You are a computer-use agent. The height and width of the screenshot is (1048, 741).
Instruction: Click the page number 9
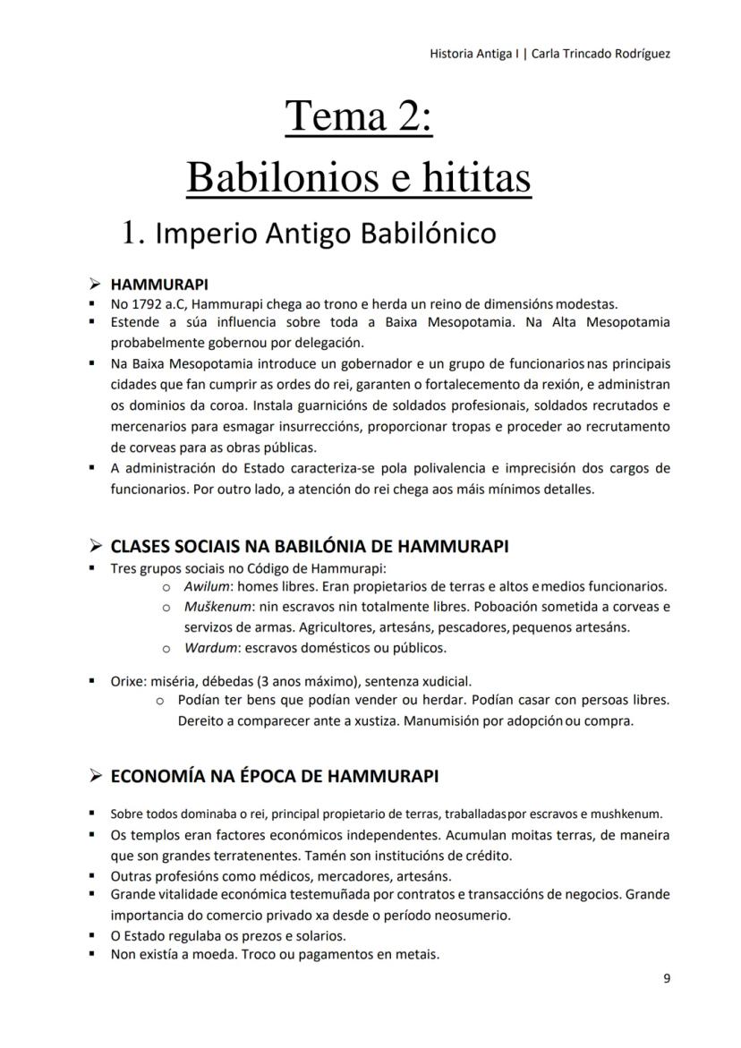[667, 978]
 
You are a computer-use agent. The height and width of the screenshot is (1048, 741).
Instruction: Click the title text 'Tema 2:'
[359, 117]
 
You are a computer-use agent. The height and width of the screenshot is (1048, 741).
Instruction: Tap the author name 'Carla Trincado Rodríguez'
[600, 54]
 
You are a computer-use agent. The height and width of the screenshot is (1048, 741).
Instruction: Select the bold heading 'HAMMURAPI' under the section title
[158, 285]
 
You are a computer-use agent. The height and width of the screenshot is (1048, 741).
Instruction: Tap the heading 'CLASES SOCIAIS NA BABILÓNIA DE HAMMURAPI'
[309, 546]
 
